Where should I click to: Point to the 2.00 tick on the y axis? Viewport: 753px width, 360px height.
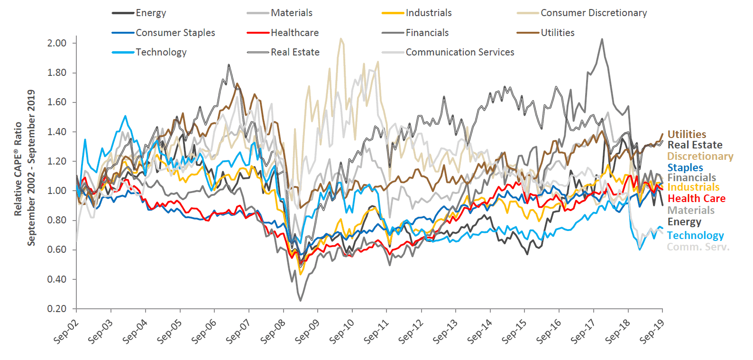[x=57, y=43]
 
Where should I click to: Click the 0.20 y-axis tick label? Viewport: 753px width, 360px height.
[x=57, y=309]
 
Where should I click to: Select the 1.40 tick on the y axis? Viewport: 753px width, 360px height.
[x=57, y=132]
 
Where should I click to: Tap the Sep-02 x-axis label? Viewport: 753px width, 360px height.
[x=66, y=331]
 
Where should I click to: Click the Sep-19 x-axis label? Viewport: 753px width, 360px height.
[x=652, y=331]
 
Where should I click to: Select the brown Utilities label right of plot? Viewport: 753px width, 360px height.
[x=687, y=134]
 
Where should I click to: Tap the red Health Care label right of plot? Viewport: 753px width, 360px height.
[x=696, y=198]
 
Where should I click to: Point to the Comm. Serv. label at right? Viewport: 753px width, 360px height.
[x=698, y=247]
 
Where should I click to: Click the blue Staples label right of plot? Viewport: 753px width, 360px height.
[x=685, y=167]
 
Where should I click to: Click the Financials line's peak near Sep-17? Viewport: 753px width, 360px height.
[x=602, y=39]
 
